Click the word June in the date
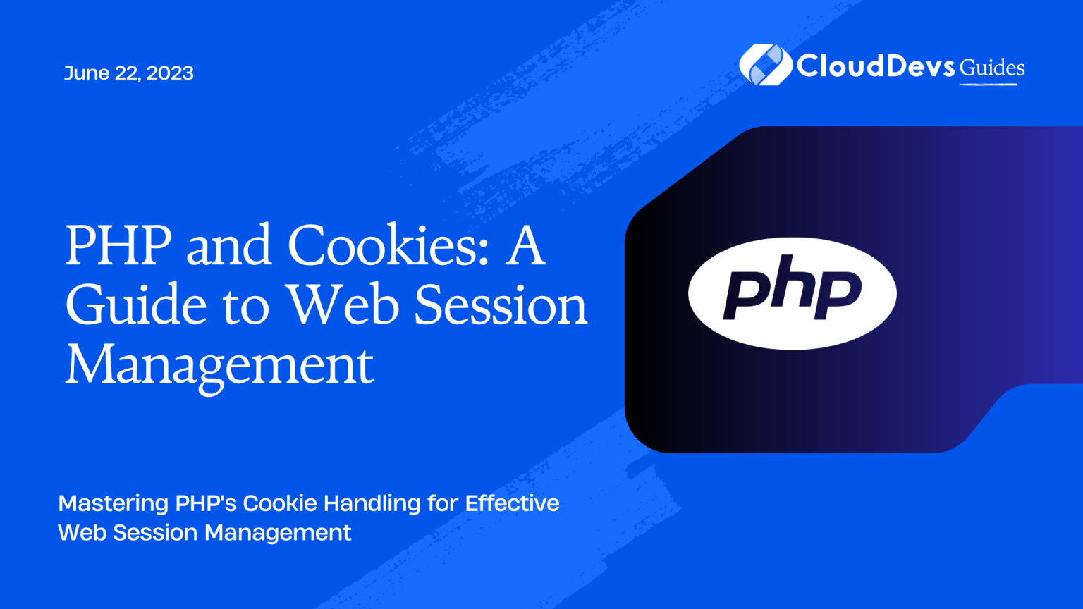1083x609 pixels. [x=87, y=73]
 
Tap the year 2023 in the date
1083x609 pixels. [x=170, y=73]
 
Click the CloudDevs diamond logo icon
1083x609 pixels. [x=765, y=65]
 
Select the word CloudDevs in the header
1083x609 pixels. [x=876, y=66]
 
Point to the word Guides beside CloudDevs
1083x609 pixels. [x=991, y=68]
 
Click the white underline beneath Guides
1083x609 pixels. [x=989, y=85]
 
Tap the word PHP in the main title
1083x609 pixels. [x=118, y=245]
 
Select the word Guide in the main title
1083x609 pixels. [x=136, y=304]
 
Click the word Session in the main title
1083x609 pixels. [x=501, y=304]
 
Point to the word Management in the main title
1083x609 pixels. [x=219, y=366]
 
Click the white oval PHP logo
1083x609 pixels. [x=792, y=293]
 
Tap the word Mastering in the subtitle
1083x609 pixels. [x=113, y=503]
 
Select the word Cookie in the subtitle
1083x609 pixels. [x=279, y=503]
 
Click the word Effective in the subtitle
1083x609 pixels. [x=512, y=503]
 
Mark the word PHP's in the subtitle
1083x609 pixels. [x=205, y=503]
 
